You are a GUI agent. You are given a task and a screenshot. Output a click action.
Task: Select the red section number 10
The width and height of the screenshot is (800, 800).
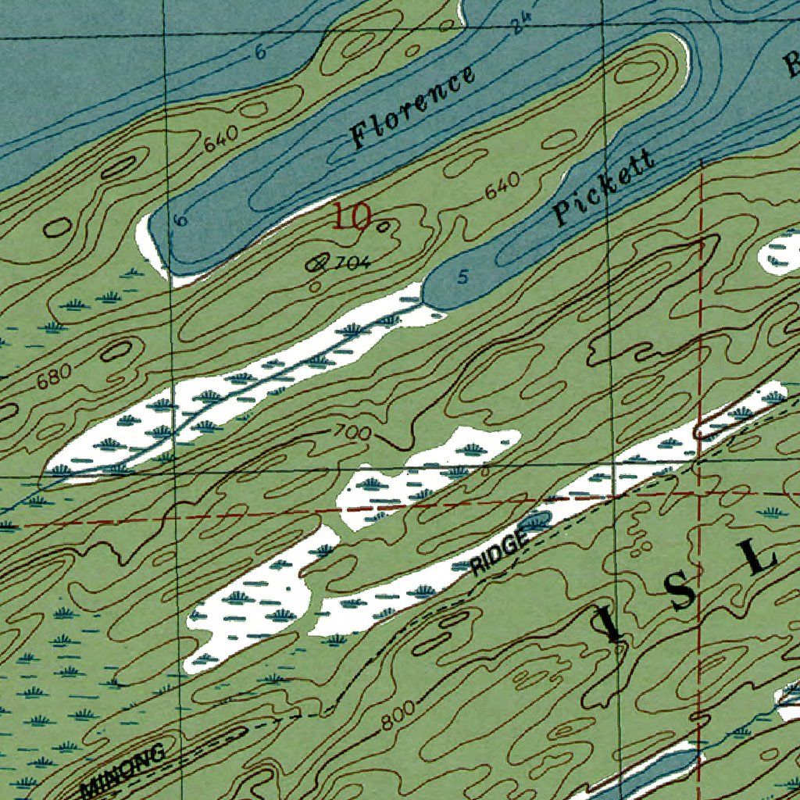pyautogui.click(x=351, y=216)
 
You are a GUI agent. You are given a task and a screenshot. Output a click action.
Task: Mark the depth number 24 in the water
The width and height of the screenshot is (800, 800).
pyautogui.click(x=523, y=23)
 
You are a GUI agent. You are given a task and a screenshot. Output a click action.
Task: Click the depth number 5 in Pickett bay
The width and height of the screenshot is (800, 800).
pyautogui.click(x=463, y=277)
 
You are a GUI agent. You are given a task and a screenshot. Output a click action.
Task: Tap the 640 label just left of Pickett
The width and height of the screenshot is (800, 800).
pyautogui.click(x=501, y=185)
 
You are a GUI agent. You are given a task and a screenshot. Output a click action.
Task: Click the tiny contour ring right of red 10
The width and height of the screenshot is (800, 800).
pyautogui.click(x=384, y=227)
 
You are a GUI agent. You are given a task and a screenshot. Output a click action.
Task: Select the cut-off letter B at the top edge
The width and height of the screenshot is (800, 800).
pyautogui.click(x=792, y=65)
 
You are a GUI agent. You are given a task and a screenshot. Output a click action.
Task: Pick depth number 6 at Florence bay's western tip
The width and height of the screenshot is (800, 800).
pyautogui.click(x=181, y=220)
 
